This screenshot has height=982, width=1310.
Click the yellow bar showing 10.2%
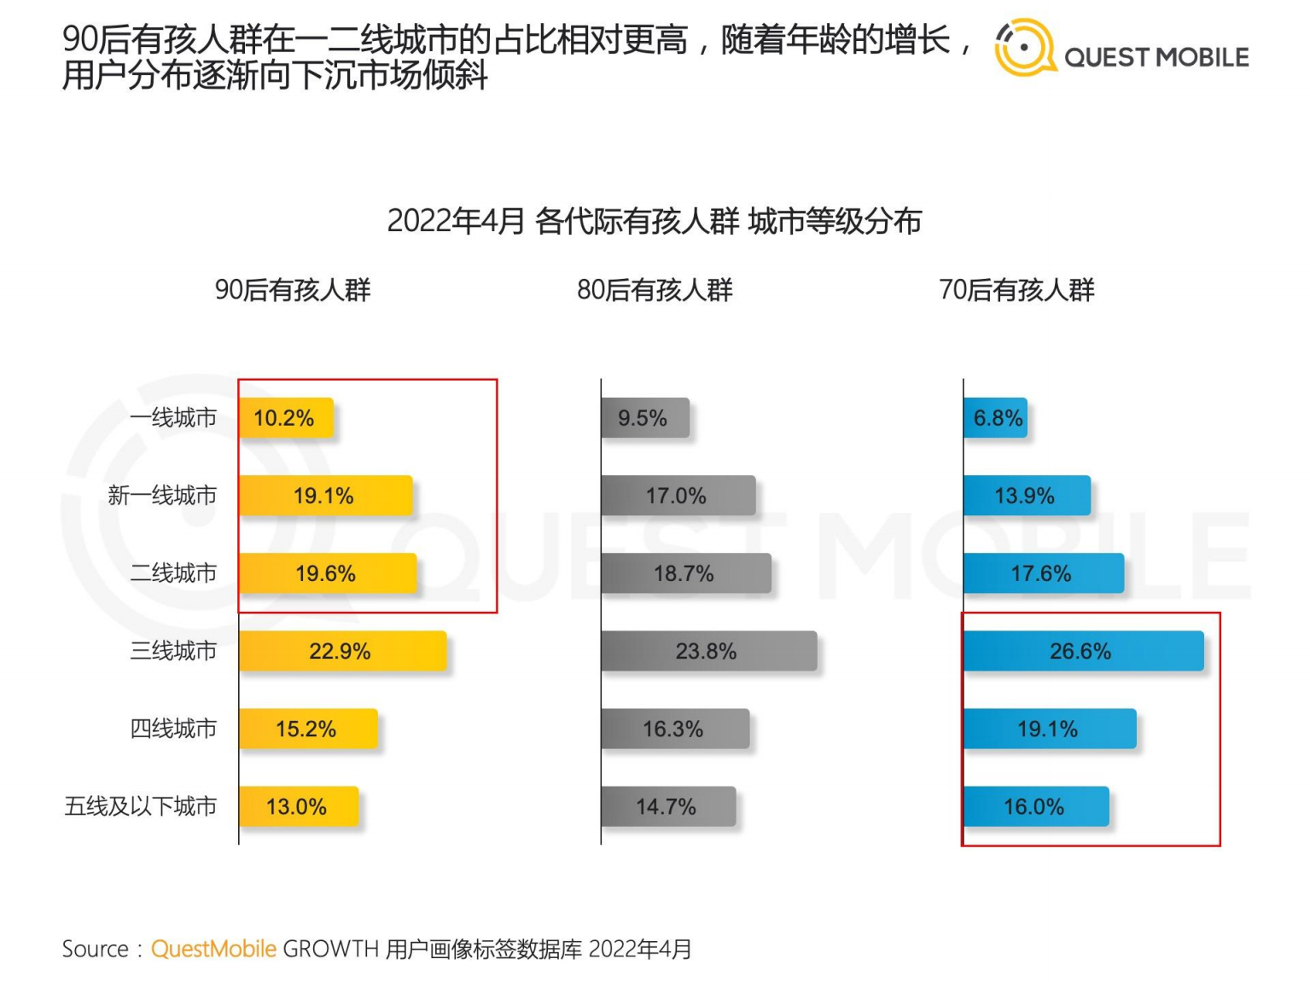tap(286, 418)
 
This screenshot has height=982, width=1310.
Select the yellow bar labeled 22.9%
tap(342, 651)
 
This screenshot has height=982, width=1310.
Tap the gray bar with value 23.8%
tap(708, 651)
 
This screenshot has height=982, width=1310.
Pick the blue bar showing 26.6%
tap(1083, 651)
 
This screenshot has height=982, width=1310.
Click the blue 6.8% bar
tap(995, 418)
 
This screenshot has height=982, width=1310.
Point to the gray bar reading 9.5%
tap(644, 418)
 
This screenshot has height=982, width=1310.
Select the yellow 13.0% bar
tap(298, 806)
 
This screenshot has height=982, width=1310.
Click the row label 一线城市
tap(173, 418)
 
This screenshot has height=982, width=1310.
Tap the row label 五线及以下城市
tap(141, 806)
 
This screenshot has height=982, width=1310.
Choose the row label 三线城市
tap(173, 651)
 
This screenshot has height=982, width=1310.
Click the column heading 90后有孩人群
tap(293, 290)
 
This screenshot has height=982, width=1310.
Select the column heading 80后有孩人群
tap(655, 290)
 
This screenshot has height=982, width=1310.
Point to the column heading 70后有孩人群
tap(1016, 290)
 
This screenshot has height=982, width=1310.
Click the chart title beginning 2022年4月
tap(654, 221)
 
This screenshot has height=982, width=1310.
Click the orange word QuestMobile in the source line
tap(213, 949)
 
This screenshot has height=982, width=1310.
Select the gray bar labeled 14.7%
tap(667, 806)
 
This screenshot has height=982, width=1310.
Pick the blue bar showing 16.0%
tap(1035, 806)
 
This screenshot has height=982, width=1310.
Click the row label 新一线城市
tap(162, 496)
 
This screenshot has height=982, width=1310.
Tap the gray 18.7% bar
tap(685, 573)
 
